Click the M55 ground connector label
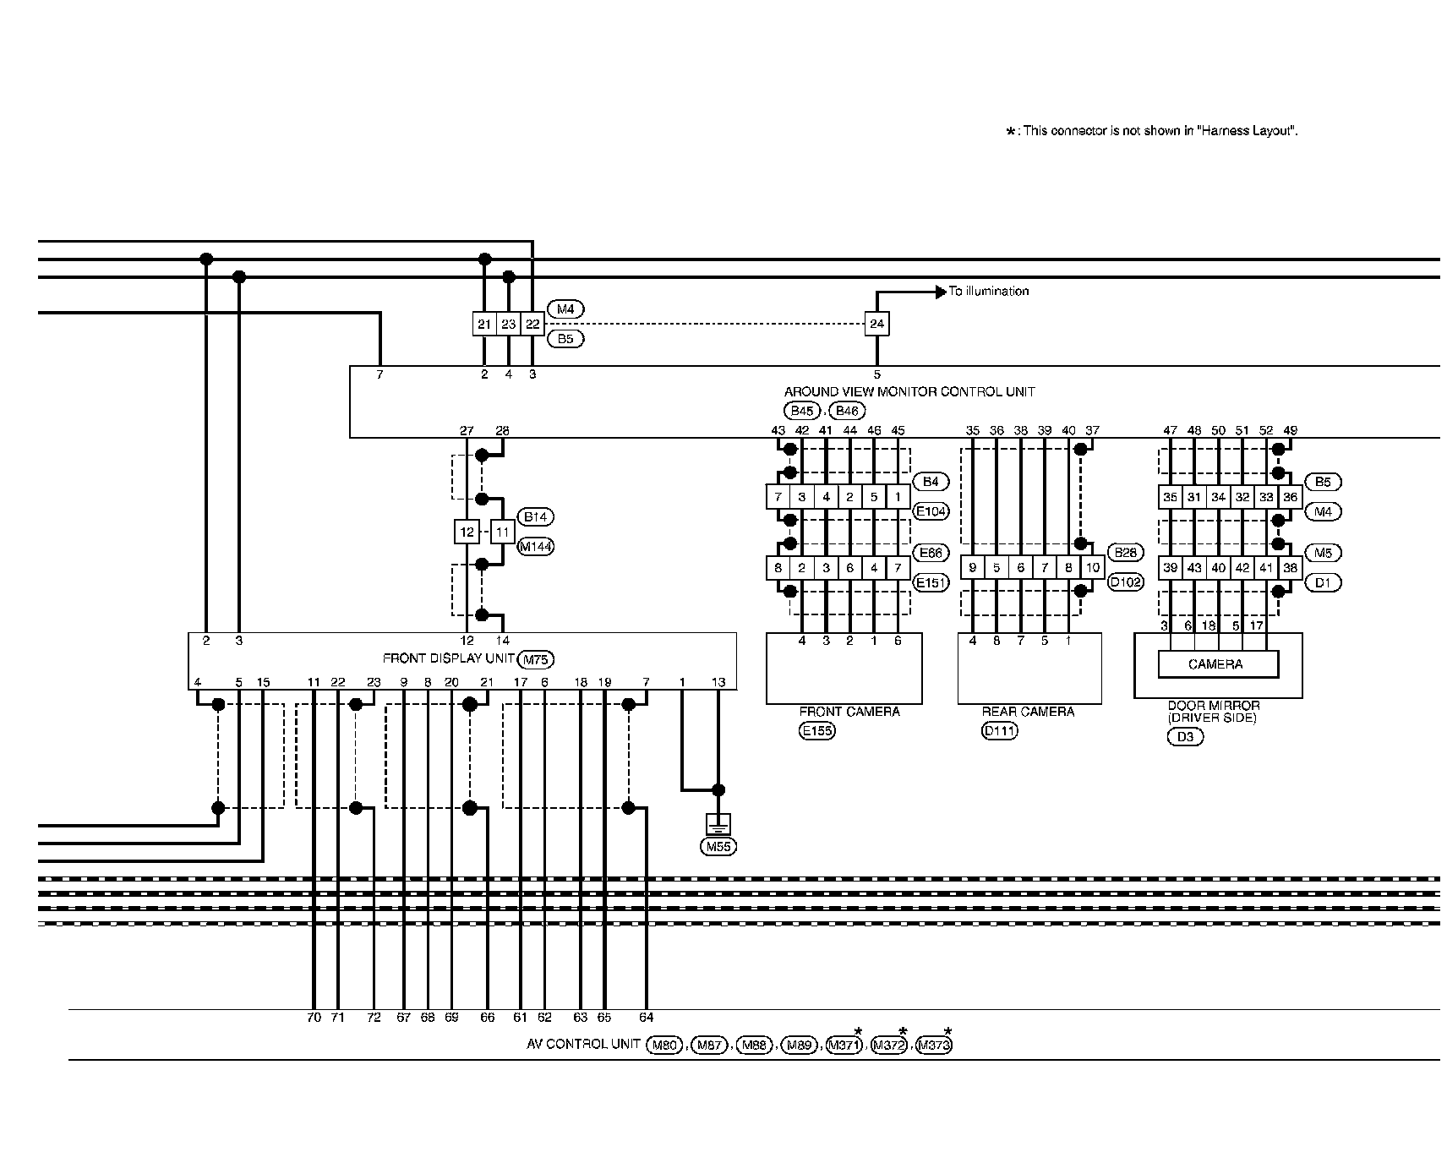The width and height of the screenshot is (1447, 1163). pos(718,845)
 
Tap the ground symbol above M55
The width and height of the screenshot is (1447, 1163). pos(718,824)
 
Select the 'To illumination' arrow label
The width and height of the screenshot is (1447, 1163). pos(988,292)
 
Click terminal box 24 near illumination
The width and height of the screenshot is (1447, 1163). pos(876,324)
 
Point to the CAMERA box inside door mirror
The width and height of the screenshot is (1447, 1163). pos(1215,664)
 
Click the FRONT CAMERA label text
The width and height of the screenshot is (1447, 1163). pos(849,712)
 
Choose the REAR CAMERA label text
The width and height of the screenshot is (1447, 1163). pos(1028,712)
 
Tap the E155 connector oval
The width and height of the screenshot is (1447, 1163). pos(816,731)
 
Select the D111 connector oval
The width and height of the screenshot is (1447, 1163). pos(1000,731)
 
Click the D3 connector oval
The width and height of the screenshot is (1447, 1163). pos(1185,737)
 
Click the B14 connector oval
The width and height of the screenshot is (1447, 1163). pos(535,516)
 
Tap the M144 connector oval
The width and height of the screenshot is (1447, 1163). pos(535,547)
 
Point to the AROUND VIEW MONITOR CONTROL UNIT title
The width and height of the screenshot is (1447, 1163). pos(909,392)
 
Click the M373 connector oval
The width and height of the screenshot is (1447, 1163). pos(934,1046)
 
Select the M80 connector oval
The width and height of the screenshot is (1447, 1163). pos(664,1046)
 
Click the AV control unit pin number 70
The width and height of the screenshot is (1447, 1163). pos(314,1018)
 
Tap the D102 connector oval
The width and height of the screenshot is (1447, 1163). pos(1125,582)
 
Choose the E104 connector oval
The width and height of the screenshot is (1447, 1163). pos(931,511)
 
